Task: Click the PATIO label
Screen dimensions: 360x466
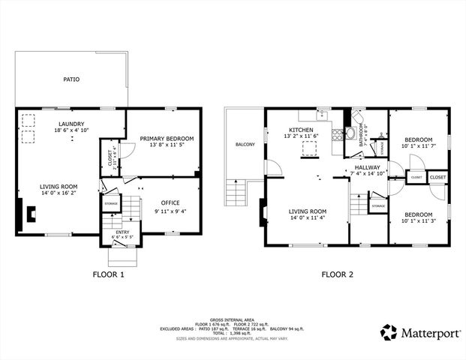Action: (x=71, y=79)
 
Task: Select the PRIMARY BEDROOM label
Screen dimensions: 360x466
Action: (x=167, y=139)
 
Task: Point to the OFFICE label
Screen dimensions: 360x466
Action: (x=171, y=202)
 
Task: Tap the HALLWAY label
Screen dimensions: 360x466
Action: (x=368, y=167)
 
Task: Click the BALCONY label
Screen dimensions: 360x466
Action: (x=245, y=145)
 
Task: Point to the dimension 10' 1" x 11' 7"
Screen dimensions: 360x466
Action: (x=419, y=146)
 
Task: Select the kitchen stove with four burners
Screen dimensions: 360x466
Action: (x=350, y=135)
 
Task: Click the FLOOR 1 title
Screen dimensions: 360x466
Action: (x=108, y=274)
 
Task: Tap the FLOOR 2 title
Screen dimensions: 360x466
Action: (x=338, y=274)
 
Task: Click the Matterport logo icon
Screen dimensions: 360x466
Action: (x=389, y=331)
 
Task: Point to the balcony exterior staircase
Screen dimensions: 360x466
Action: (x=236, y=194)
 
